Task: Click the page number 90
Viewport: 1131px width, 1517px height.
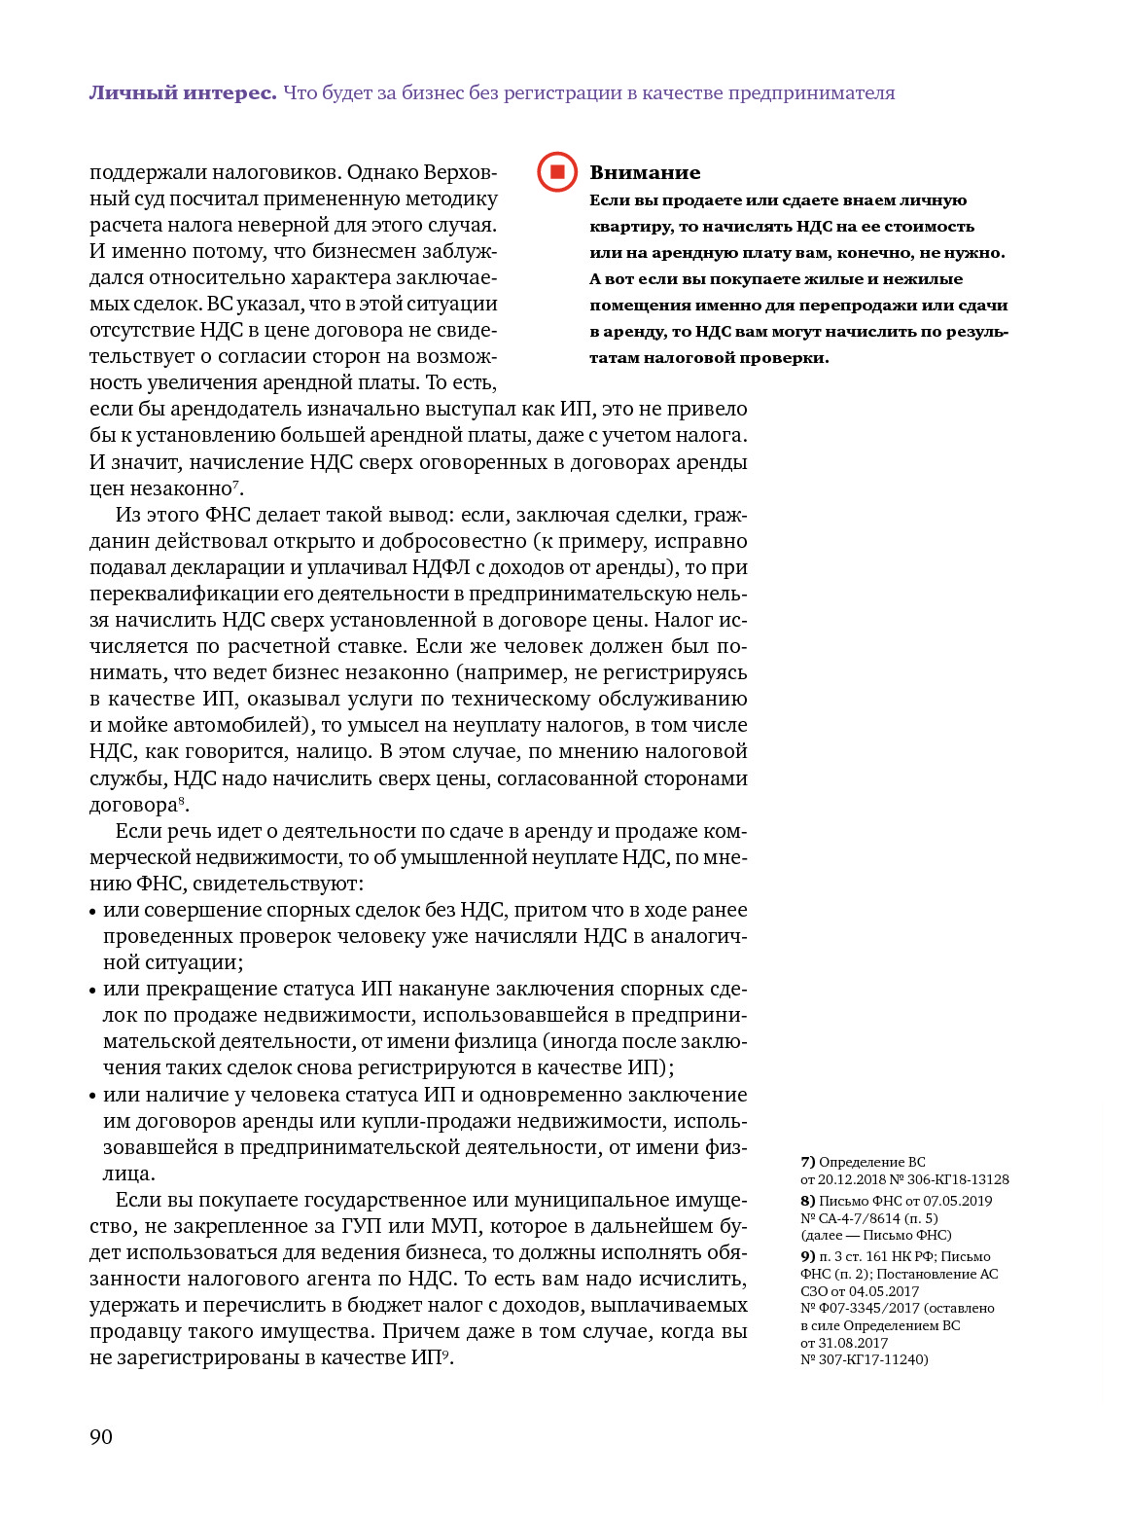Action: click(101, 1437)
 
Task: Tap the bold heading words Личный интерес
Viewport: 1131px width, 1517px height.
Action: click(183, 93)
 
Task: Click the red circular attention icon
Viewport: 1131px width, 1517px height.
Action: click(557, 172)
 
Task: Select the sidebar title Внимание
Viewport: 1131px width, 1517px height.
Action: click(645, 173)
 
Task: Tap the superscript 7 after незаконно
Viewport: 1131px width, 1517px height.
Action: click(235, 484)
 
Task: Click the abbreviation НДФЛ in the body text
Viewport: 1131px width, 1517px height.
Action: click(442, 567)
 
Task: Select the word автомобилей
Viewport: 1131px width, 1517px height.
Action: click(245, 726)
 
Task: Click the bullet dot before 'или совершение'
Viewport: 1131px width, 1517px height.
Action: click(93, 912)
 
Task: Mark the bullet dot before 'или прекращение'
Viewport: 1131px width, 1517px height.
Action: click(93, 991)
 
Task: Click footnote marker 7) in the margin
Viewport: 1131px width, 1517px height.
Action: click(807, 1162)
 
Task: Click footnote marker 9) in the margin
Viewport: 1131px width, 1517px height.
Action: click(807, 1256)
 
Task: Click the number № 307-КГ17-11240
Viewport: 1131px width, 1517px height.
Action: click(864, 1359)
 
